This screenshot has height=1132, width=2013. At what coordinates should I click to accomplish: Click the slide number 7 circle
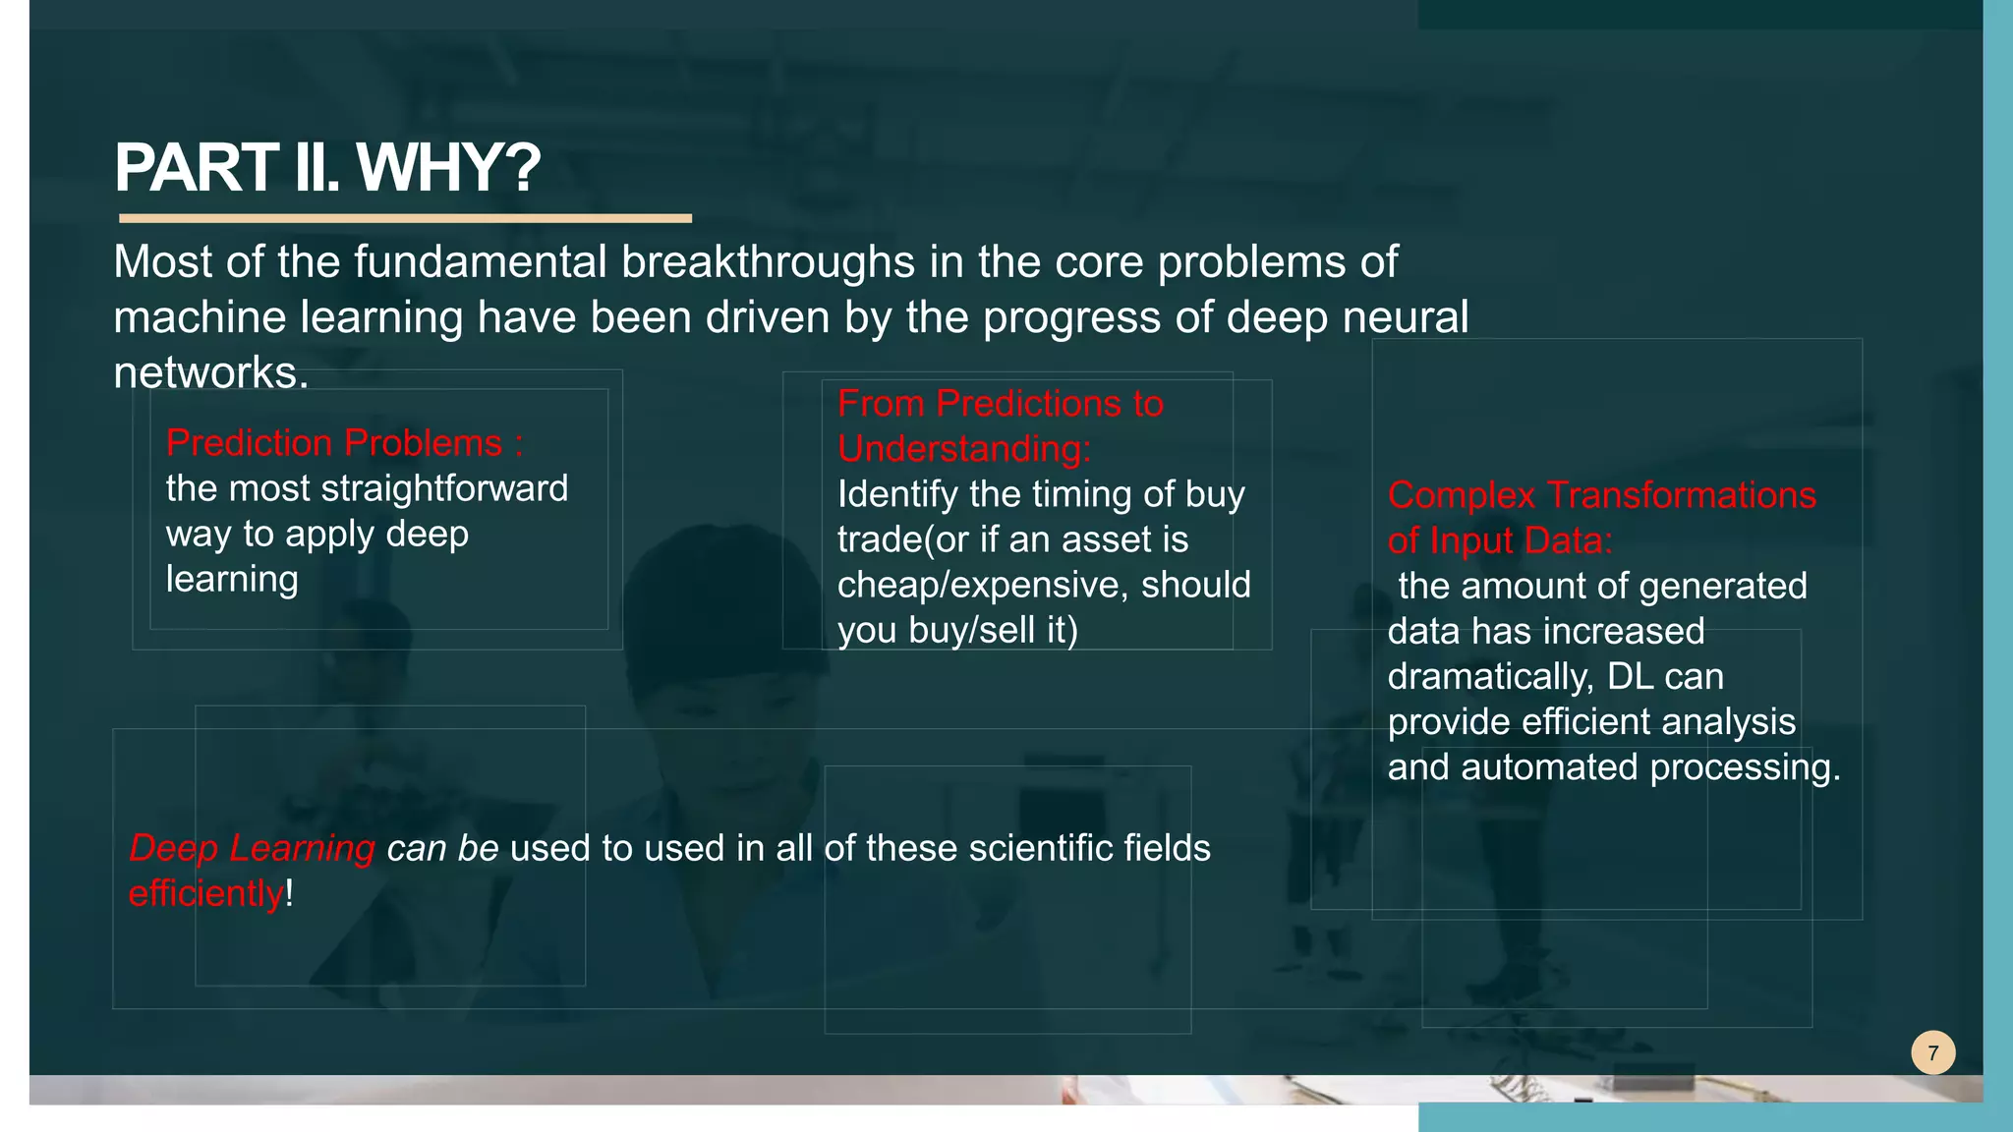tap(1932, 1053)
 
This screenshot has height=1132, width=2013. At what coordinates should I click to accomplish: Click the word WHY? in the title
tap(448, 168)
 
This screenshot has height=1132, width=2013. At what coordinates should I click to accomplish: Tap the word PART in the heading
tap(196, 168)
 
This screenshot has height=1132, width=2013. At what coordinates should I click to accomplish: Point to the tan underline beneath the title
tap(405, 218)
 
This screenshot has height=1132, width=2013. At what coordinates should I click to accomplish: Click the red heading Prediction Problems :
tap(344, 443)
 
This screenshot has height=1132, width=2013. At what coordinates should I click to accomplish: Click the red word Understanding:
tap(963, 449)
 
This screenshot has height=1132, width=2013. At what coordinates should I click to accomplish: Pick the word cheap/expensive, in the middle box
tap(982, 585)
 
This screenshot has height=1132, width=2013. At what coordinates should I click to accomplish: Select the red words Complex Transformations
tap(1601, 495)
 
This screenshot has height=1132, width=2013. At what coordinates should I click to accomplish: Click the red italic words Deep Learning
tap(252, 848)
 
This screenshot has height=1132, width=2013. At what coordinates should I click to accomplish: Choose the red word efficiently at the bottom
tap(205, 894)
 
